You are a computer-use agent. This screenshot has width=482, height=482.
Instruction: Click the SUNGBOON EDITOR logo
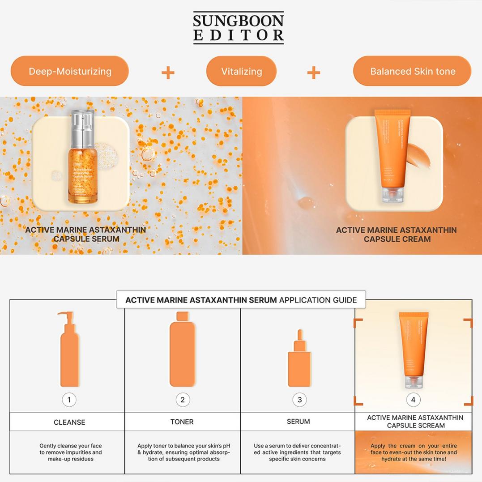pyautogui.click(x=239, y=28)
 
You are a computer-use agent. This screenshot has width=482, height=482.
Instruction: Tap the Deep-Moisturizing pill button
pyautogui.click(x=70, y=71)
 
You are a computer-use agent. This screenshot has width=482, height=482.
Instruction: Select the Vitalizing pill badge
pyautogui.click(x=241, y=71)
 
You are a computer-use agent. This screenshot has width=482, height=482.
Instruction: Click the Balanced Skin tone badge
pyautogui.click(x=412, y=71)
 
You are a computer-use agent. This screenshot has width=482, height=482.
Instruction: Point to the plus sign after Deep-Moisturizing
pyautogui.click(x=168, y=73)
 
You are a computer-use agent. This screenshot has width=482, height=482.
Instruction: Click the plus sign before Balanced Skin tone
pyautogui.click(x=314, y=73)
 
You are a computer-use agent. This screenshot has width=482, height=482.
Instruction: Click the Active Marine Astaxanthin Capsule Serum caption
pyautogui.click(x=85, y=234)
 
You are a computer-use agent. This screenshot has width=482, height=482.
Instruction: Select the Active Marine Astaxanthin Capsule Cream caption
pyautogui.click(x=397, y=234)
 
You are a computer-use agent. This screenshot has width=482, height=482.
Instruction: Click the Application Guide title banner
pyautogui.click(x=241, y=300)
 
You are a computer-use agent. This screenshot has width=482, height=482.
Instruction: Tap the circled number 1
pyautogui.click(x=69, y=400)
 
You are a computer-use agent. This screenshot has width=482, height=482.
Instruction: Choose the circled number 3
pyautogui.click(x=299, y=400)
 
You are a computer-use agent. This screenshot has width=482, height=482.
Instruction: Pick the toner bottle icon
pyautogui.click(x=182, y=349)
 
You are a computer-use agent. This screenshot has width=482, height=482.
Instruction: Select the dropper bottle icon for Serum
pyautogui.click(x=299, y=358)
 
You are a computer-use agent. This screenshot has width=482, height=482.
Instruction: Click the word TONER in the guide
pyautogui.click(x=182, y=422)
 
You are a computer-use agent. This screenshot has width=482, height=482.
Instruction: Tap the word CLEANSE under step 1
pyautogui.click(x=69, y=422)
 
